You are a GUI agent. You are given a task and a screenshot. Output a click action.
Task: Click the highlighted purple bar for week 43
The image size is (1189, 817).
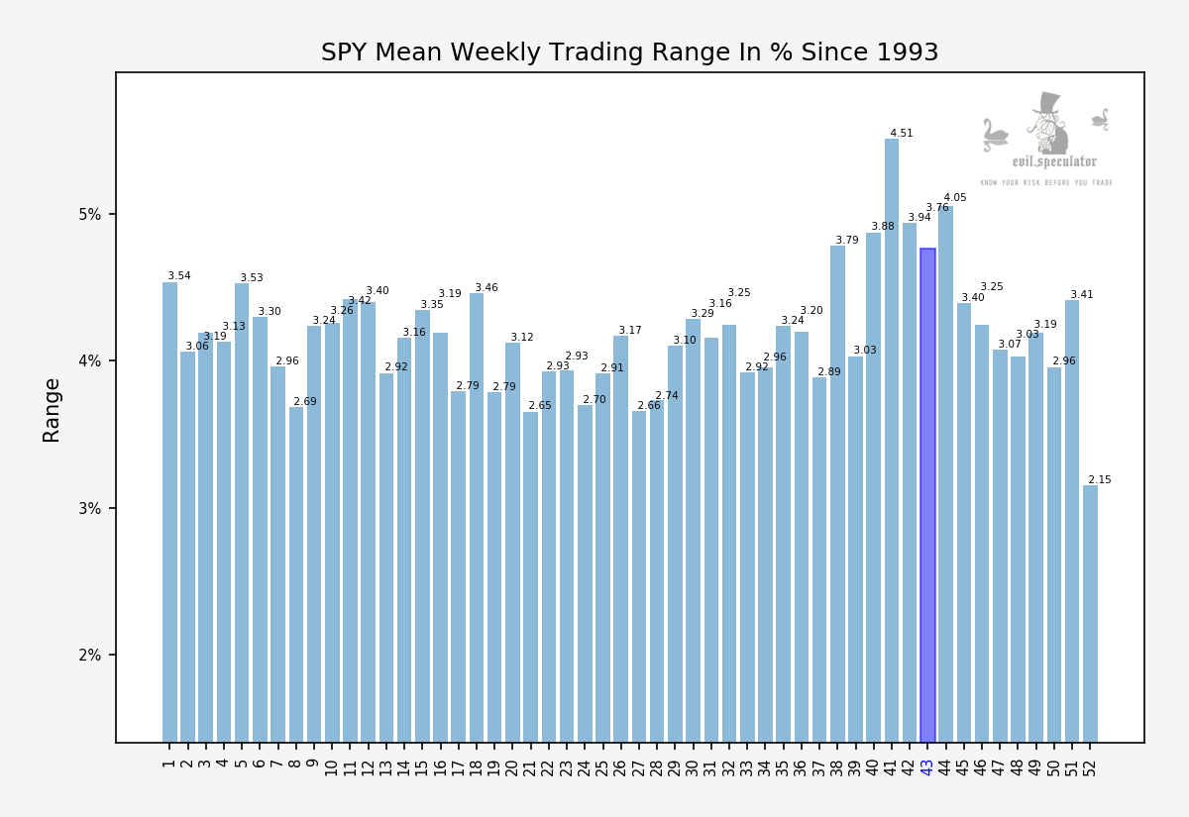click(927, 495)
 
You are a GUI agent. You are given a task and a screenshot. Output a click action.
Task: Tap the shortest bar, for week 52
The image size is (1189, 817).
click(1090, 614)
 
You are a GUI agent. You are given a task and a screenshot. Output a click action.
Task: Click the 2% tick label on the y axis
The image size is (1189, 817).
click(91, 656)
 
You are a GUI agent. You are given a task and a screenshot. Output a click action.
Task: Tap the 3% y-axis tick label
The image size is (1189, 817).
click(91, 509)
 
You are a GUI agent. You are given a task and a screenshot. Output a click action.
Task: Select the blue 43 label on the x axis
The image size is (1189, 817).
click(927, 766)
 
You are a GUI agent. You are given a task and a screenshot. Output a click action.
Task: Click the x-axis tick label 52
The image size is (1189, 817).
click(1090, 766)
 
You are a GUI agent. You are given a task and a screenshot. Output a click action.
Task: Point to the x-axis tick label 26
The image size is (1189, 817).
click(621, 766)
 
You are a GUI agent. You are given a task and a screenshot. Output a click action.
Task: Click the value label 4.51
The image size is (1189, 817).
click(901, 134)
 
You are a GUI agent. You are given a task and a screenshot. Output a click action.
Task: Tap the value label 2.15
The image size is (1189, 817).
click(1100, 480)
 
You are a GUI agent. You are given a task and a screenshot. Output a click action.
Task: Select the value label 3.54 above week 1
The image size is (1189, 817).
click(179, 276)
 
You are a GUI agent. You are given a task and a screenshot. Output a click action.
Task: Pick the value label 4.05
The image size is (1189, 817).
click(955, 198)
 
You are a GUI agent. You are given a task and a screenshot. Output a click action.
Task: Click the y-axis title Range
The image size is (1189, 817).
click(52, 410)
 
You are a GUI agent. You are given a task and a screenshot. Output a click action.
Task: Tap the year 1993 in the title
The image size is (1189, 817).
click(906, 53)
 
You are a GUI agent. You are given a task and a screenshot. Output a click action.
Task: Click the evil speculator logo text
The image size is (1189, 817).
click(1053, 162)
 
